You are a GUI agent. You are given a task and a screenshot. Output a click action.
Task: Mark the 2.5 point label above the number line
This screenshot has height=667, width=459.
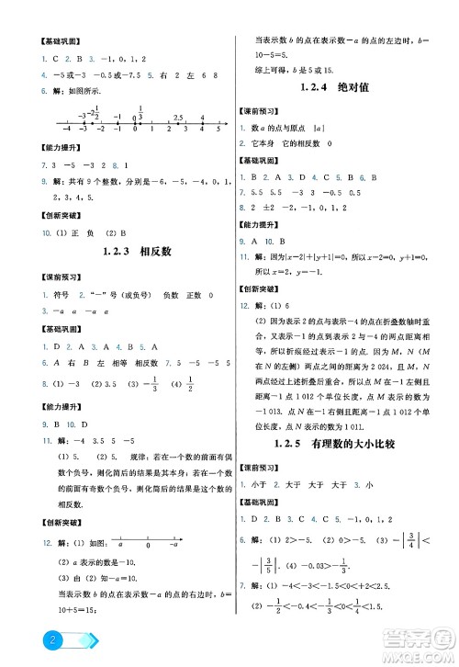coord(177,117)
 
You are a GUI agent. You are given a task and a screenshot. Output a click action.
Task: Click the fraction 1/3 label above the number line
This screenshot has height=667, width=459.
coord(140,109)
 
